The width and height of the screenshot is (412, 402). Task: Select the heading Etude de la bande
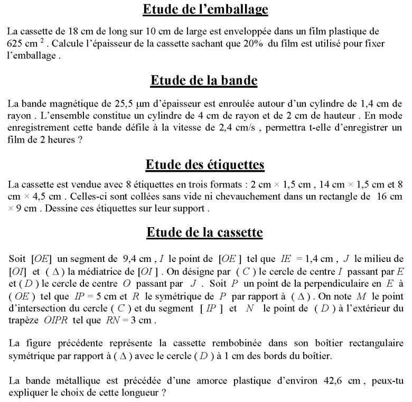[204, 80]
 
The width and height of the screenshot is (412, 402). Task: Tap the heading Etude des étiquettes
[205, 165]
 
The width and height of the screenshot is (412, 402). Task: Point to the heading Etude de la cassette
[204, 232]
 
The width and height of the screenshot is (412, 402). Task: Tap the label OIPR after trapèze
[58, 321]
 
